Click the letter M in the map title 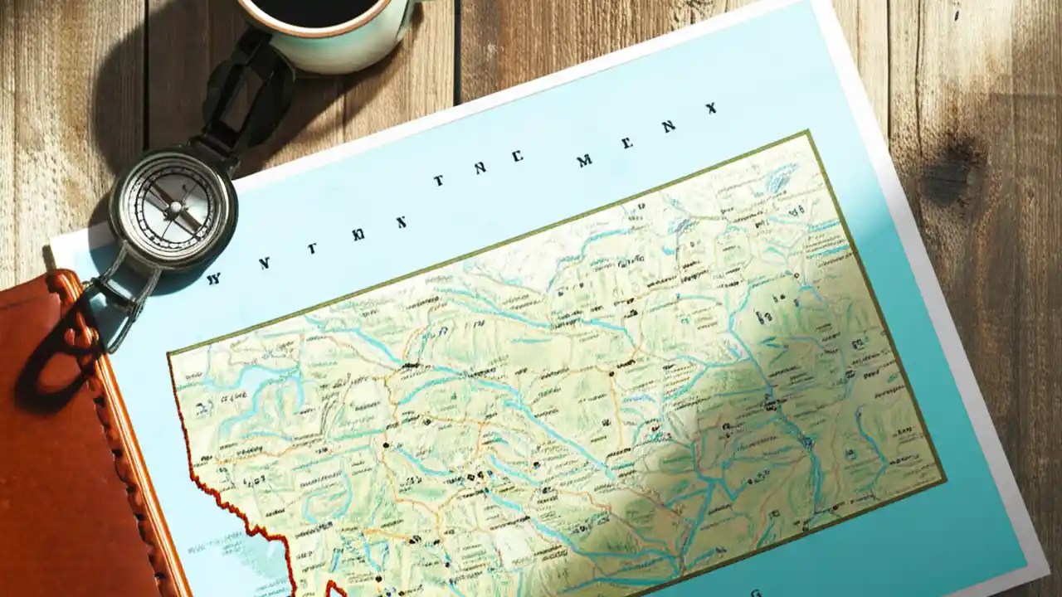point(585,160)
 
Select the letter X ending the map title point(711,108)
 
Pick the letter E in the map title point(627,143)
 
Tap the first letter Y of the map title point(213,279)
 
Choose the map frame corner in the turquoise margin point(945,478)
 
